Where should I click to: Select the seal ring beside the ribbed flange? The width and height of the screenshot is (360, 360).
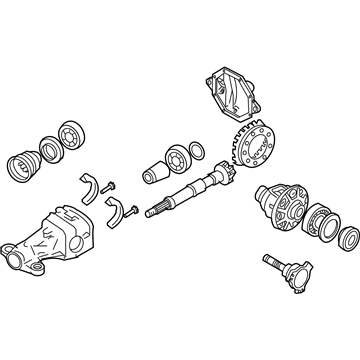(x=47, y=147)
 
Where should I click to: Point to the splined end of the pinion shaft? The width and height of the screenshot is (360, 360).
(x=157, y=206)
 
